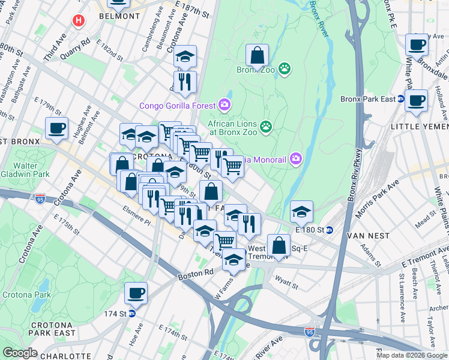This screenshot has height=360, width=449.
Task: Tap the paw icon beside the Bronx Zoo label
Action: pyautogui.click(x=284, y=70)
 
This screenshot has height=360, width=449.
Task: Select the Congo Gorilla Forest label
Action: pyautogui.click(x=178, y=106)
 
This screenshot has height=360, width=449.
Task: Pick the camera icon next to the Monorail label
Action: pyautogui.click(x=295, y=159)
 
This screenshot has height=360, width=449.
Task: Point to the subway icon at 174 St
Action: pyautogui.click(x=132, y=313)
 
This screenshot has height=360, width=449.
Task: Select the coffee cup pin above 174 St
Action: pyautogui.click(x=136, y=293)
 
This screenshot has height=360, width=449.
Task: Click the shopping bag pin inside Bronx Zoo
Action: pyautogui.click(x=257, y=55)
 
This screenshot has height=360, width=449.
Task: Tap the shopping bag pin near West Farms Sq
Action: pyautogui.click(x=279, y=245)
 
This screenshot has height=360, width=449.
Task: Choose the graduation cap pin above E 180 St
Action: pyautogui.click(x=301, y=211)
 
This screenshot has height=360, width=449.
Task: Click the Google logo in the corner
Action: pyautogui.click(x=20, y=353)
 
